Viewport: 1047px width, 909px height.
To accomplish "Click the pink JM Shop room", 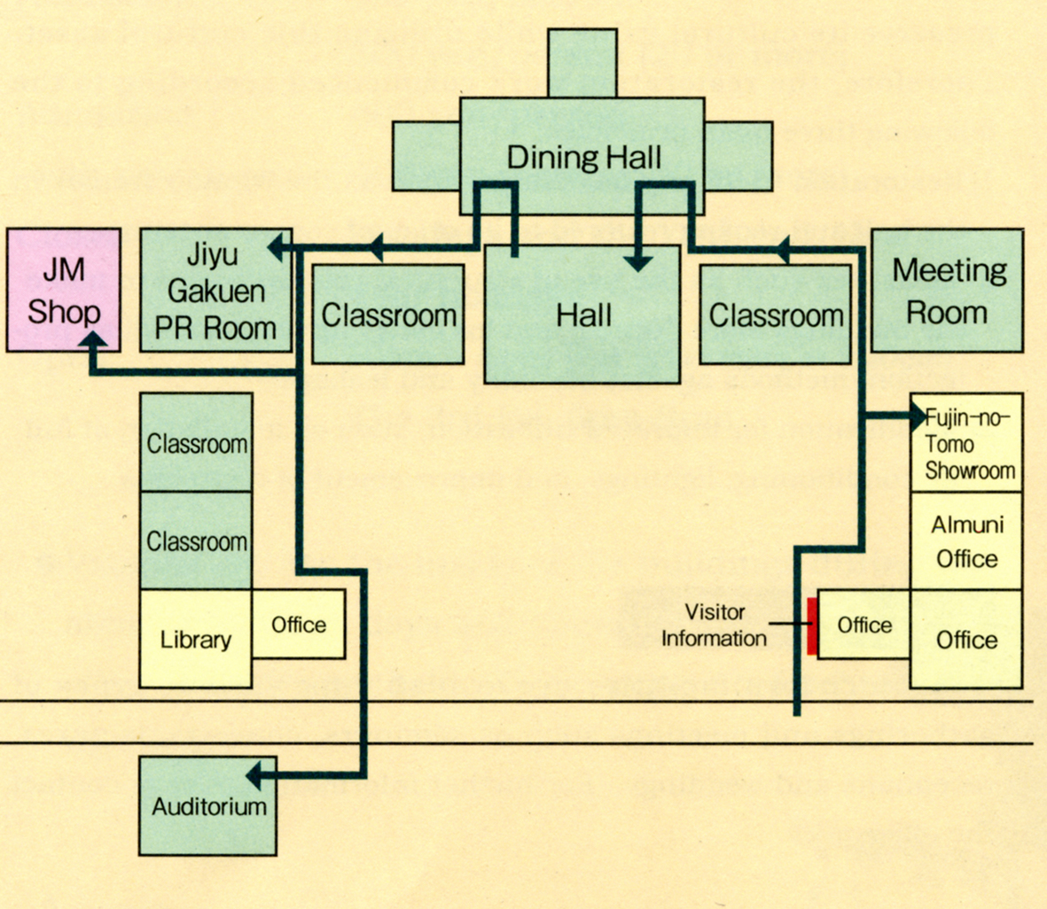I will (64, 291).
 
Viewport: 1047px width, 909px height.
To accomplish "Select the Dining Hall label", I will (584, 158).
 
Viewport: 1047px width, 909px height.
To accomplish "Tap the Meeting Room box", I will (948, 291).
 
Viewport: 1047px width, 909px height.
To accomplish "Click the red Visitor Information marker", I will (812, 625).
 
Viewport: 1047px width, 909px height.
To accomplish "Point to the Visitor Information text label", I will (714, 625).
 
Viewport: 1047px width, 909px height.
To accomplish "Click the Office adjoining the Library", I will (299, 625).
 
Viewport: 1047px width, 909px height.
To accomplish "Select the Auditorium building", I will (208, 806).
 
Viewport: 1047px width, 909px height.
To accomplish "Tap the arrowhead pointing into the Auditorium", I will (254, 777).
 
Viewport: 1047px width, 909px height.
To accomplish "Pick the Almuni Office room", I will (966, 541).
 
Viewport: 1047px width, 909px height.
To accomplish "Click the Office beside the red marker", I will (863, 625).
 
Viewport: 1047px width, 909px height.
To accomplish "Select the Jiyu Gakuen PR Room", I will (216, 291).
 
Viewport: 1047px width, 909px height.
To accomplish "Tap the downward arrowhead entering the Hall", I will (637, 262).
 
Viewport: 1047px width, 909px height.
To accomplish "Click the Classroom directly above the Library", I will (196, 540).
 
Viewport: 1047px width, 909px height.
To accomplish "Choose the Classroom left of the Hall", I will (388, 315).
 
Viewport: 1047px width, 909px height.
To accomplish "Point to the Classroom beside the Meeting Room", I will (775, 315).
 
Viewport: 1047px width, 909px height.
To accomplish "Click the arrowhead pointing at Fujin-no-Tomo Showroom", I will (918, 415).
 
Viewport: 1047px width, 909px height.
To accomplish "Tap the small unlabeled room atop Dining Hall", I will (582, 62).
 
